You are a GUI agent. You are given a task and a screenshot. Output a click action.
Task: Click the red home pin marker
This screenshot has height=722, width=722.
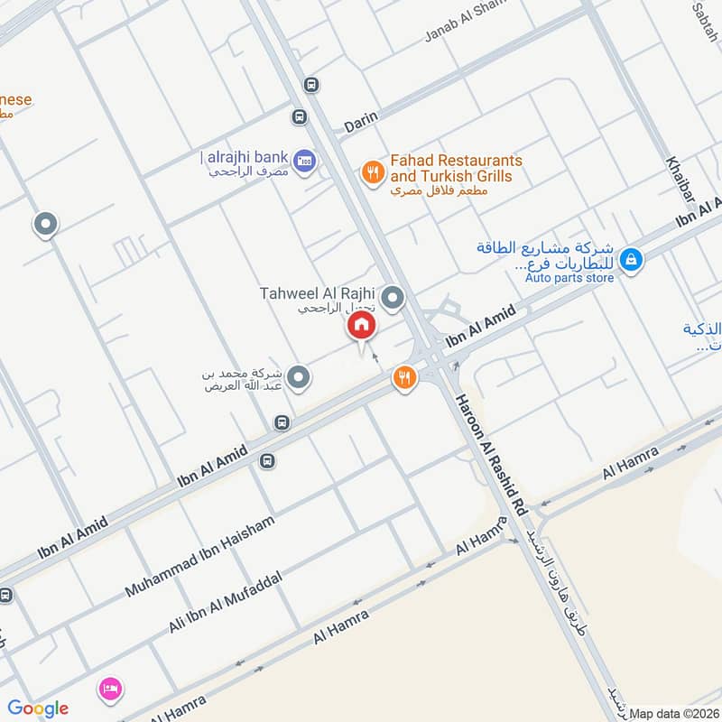362,326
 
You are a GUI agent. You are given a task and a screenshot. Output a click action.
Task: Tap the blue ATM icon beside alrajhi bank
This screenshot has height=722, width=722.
304,160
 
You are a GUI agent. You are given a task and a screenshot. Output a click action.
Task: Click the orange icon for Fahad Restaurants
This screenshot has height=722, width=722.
372,171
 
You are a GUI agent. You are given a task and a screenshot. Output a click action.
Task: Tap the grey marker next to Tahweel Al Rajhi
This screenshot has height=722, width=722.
393,296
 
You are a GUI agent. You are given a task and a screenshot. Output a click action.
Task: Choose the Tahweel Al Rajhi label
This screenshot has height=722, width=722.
316,293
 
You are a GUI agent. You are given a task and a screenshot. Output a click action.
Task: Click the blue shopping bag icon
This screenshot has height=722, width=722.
632,259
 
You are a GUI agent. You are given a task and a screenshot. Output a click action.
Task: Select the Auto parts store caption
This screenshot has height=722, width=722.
569,278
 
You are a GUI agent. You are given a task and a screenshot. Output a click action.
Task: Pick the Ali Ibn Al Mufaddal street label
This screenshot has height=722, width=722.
226,601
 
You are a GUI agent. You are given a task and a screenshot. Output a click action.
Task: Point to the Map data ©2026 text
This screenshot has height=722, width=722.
673,713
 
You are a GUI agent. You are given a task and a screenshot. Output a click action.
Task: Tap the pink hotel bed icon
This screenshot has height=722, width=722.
110,688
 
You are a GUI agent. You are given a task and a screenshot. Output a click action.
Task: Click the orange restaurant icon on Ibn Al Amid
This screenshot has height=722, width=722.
404,378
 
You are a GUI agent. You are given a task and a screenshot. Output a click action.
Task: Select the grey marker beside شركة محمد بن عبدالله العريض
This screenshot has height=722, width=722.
301,377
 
